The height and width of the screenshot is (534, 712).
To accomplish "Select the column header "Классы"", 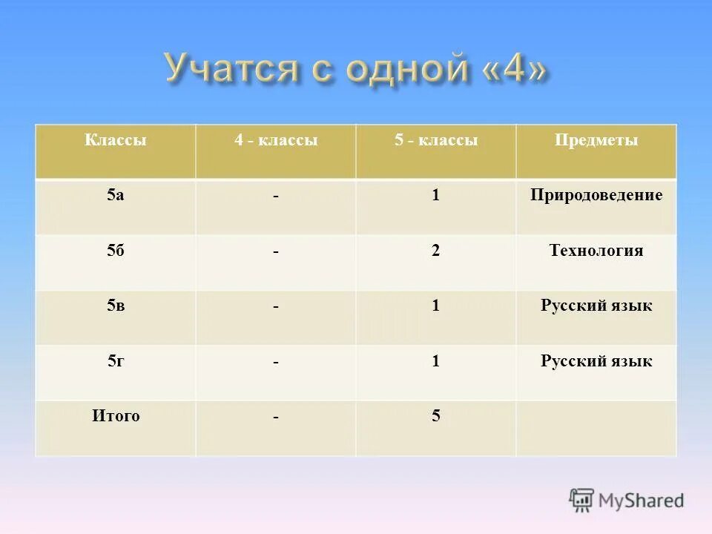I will click(115, 140).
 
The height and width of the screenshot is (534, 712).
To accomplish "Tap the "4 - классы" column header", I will click(276, 140).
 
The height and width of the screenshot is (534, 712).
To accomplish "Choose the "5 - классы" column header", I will click(436, 140).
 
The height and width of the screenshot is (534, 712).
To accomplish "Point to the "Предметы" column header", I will click(596, 140).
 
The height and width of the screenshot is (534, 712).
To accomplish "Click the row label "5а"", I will click(115, 195).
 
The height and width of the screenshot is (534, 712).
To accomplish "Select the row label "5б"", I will click(115, 251).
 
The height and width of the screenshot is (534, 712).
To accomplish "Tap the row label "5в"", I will click(115, 306).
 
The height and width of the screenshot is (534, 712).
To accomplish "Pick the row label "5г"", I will click(115, 361).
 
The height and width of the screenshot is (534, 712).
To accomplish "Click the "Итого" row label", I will click(115, 416).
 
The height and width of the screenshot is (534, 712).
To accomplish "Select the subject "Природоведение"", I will click(596, 195).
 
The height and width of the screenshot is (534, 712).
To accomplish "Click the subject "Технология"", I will click(596, 251).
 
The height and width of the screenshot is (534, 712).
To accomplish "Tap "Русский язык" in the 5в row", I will click(596, 306).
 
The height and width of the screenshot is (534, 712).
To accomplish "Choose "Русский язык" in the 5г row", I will click(596, 361).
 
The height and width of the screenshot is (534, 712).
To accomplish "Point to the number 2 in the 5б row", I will click(436, 251).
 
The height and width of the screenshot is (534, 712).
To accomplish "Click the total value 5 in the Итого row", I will click(436, 417).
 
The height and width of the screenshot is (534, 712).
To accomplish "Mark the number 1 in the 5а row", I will click(436, 196).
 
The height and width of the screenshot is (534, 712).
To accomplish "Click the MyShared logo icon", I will click(582, 500).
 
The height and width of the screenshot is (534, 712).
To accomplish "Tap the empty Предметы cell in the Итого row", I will click(596, 428).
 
